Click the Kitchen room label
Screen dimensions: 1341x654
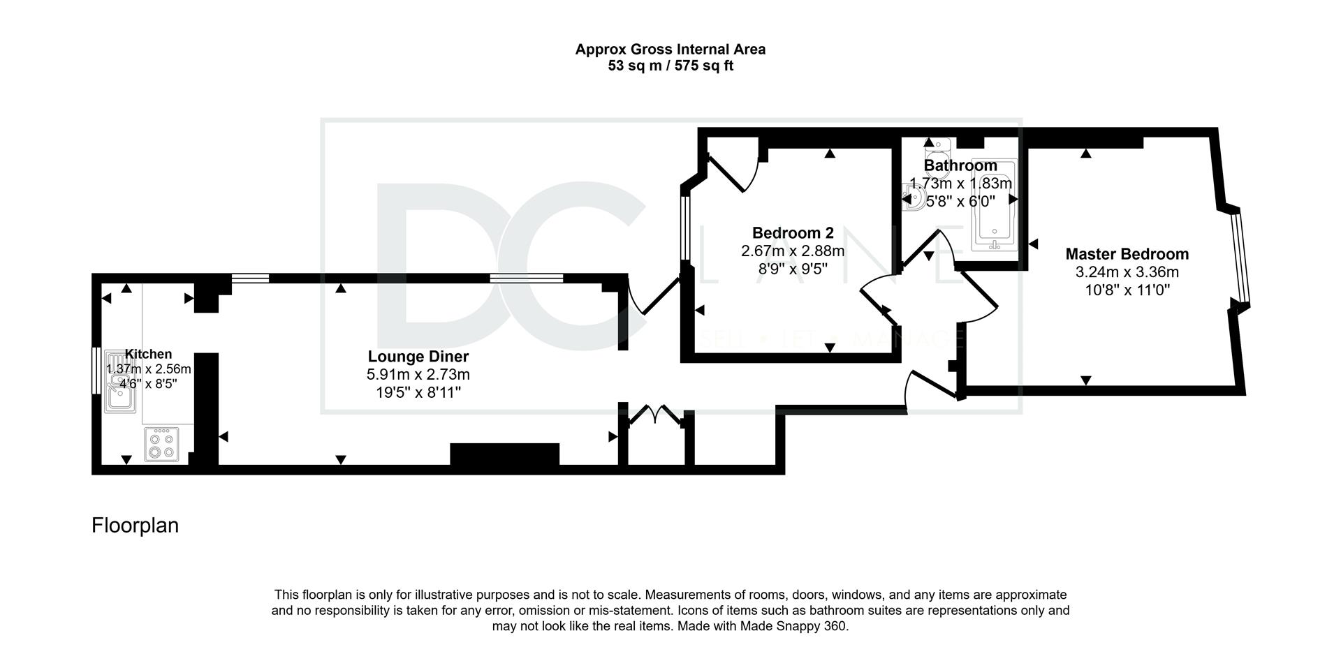(x=148, y=355)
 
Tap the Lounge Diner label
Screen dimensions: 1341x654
(x=418, y=357)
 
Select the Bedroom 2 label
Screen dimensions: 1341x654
(x=793, y=233)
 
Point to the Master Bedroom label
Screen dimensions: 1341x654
(x=1127, y=254)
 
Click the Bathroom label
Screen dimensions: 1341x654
(x=960, y=165)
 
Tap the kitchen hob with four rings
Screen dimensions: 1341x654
(x=162, y=445)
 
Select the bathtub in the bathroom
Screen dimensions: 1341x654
(x=994, y=205)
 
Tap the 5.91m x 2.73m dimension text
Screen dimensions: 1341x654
(x=418, y=375)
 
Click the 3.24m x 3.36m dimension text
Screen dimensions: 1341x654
(x=1127, y=272)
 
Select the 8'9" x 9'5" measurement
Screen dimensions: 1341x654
(x=793, y=268)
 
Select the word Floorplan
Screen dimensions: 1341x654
(x=135, y=525)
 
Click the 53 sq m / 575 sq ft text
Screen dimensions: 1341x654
(x=670, y=66)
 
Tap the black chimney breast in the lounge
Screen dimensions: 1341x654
(x=504, y=454)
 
